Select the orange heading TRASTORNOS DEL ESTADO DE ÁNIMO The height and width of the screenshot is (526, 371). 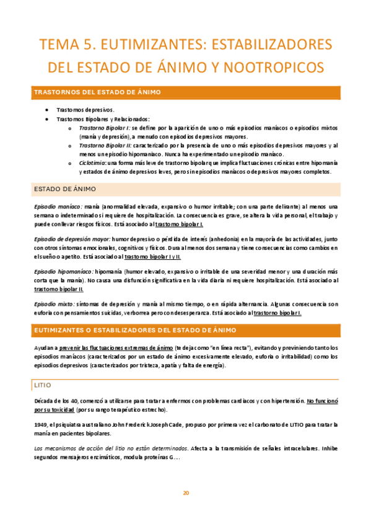97,92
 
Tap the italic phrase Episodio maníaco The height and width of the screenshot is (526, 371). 57,206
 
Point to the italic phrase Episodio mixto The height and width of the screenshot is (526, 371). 53,305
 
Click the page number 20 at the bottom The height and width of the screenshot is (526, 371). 185,493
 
